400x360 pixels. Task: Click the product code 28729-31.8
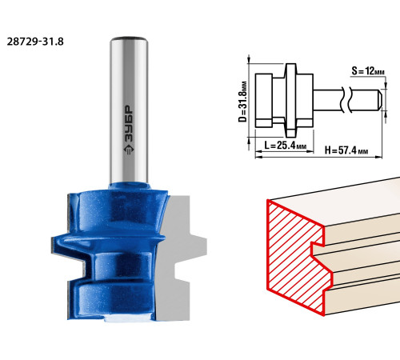35,42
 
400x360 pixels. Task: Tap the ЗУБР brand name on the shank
129,123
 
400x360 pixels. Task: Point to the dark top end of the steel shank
129,38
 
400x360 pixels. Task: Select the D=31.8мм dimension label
242,102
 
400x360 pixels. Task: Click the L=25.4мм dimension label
285,146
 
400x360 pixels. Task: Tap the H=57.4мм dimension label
346,150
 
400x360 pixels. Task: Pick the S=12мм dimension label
368,71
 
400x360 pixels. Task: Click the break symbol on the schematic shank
346,100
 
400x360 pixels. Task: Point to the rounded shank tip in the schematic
379,100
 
